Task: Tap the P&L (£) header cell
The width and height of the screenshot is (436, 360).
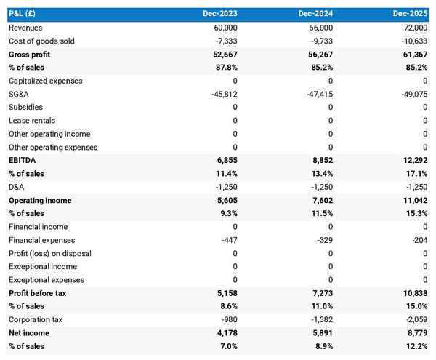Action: click(x=25, y=14)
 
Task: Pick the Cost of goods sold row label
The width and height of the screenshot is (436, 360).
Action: click(x=41, y=41)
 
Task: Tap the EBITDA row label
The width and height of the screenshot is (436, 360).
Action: click(x=23, y=160)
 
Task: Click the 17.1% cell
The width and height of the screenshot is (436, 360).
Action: click(x=416, y=174)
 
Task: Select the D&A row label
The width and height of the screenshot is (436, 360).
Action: click(x=17, y=187)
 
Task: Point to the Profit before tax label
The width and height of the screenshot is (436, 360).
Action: click(x=37, y=293)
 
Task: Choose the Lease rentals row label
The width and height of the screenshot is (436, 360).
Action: click(x=31, y=121)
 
